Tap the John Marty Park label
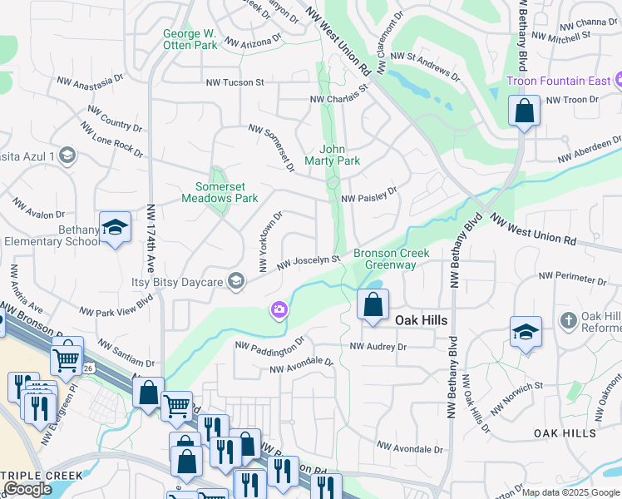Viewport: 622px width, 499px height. pos(333,155)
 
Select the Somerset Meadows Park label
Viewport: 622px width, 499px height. pos(220,192)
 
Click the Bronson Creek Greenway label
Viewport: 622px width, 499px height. pos(384,259)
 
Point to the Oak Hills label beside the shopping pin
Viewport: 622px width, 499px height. pos(421,320)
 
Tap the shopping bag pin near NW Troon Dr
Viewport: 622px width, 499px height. pos(524,111)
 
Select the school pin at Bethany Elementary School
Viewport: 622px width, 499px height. pos(116,228)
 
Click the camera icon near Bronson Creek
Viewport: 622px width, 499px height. pos(279,310)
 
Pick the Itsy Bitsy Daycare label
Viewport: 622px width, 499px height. pos(177,282)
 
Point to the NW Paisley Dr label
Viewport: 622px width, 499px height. pos(370,200)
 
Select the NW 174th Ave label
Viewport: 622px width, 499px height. pos(151,240)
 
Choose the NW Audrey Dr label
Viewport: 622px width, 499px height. pos(378,346)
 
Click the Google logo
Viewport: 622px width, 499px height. pos(28,489)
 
